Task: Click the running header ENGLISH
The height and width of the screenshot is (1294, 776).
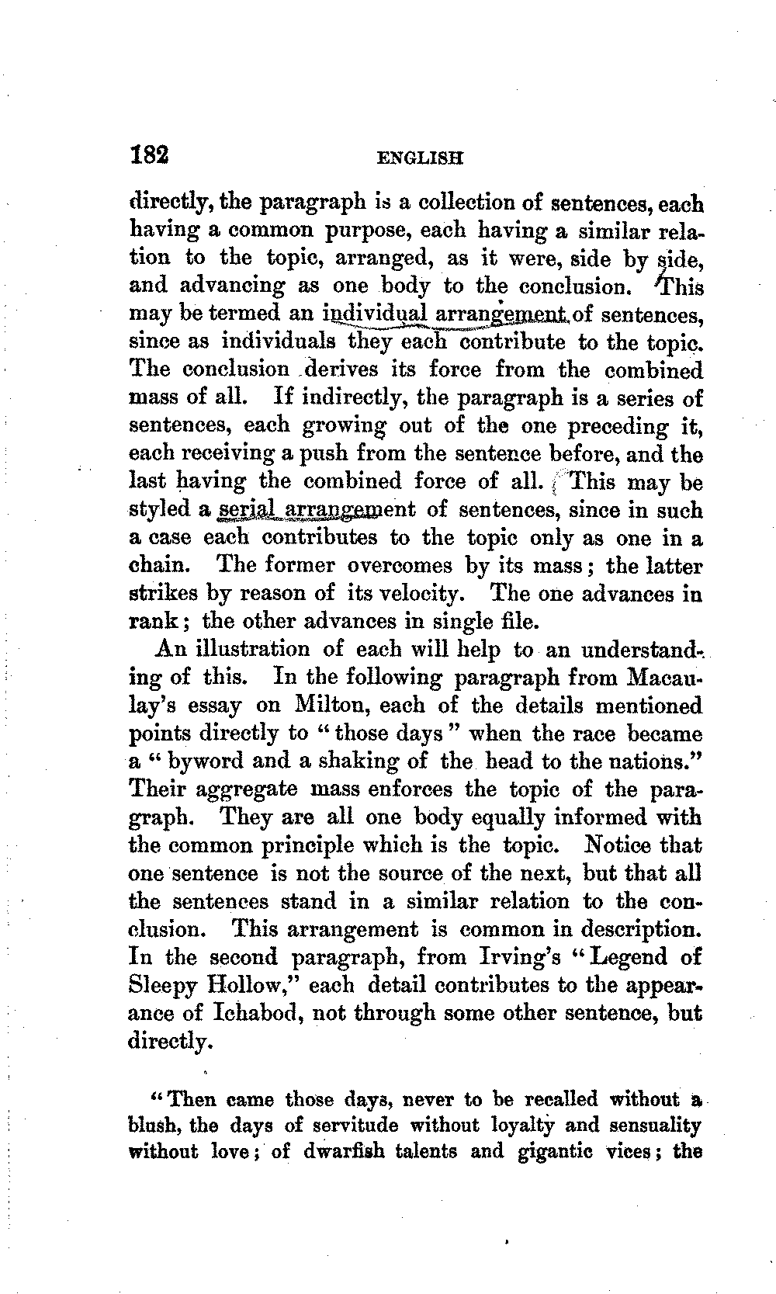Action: (419, 158)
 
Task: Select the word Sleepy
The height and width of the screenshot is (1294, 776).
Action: (160, 986)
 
